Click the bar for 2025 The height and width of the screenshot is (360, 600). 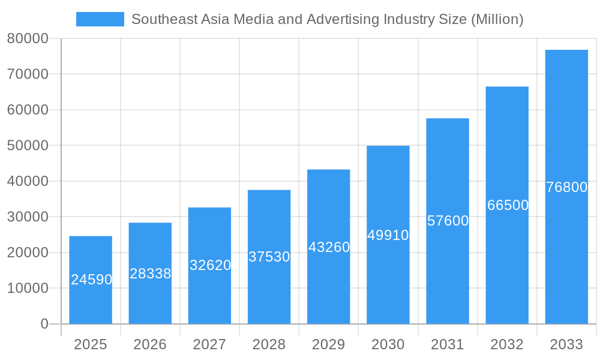tap(91, 280)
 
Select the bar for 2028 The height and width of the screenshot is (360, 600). tap(269, 257)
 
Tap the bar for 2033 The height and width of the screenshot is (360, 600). tap(566, 187)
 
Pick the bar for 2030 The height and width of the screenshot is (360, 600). tap(388, 235)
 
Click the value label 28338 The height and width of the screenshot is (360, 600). tap(150, 274)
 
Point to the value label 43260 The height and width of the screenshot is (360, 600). tap(329, 247)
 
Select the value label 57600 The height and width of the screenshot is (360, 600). tap(448, 221)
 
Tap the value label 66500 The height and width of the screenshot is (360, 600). tap(508, 205)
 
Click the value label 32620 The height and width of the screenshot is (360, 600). tap(210, 265)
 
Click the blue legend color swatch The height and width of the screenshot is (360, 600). tap(100, 19)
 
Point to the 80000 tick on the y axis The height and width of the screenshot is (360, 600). tap(28, 39)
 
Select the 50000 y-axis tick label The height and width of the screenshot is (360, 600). tap(28, 146)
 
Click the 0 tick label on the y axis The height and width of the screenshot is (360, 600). tap(44, 324)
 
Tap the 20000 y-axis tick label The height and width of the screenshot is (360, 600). tap(28, 253)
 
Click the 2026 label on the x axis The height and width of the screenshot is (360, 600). tap(150, 344)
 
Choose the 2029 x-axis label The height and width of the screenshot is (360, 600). tap(329, 344)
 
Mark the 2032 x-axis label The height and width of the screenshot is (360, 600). tap(507, 344)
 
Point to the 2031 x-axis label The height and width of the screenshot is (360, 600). tap(448, 344)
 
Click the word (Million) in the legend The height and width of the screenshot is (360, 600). tap(497, 19)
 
